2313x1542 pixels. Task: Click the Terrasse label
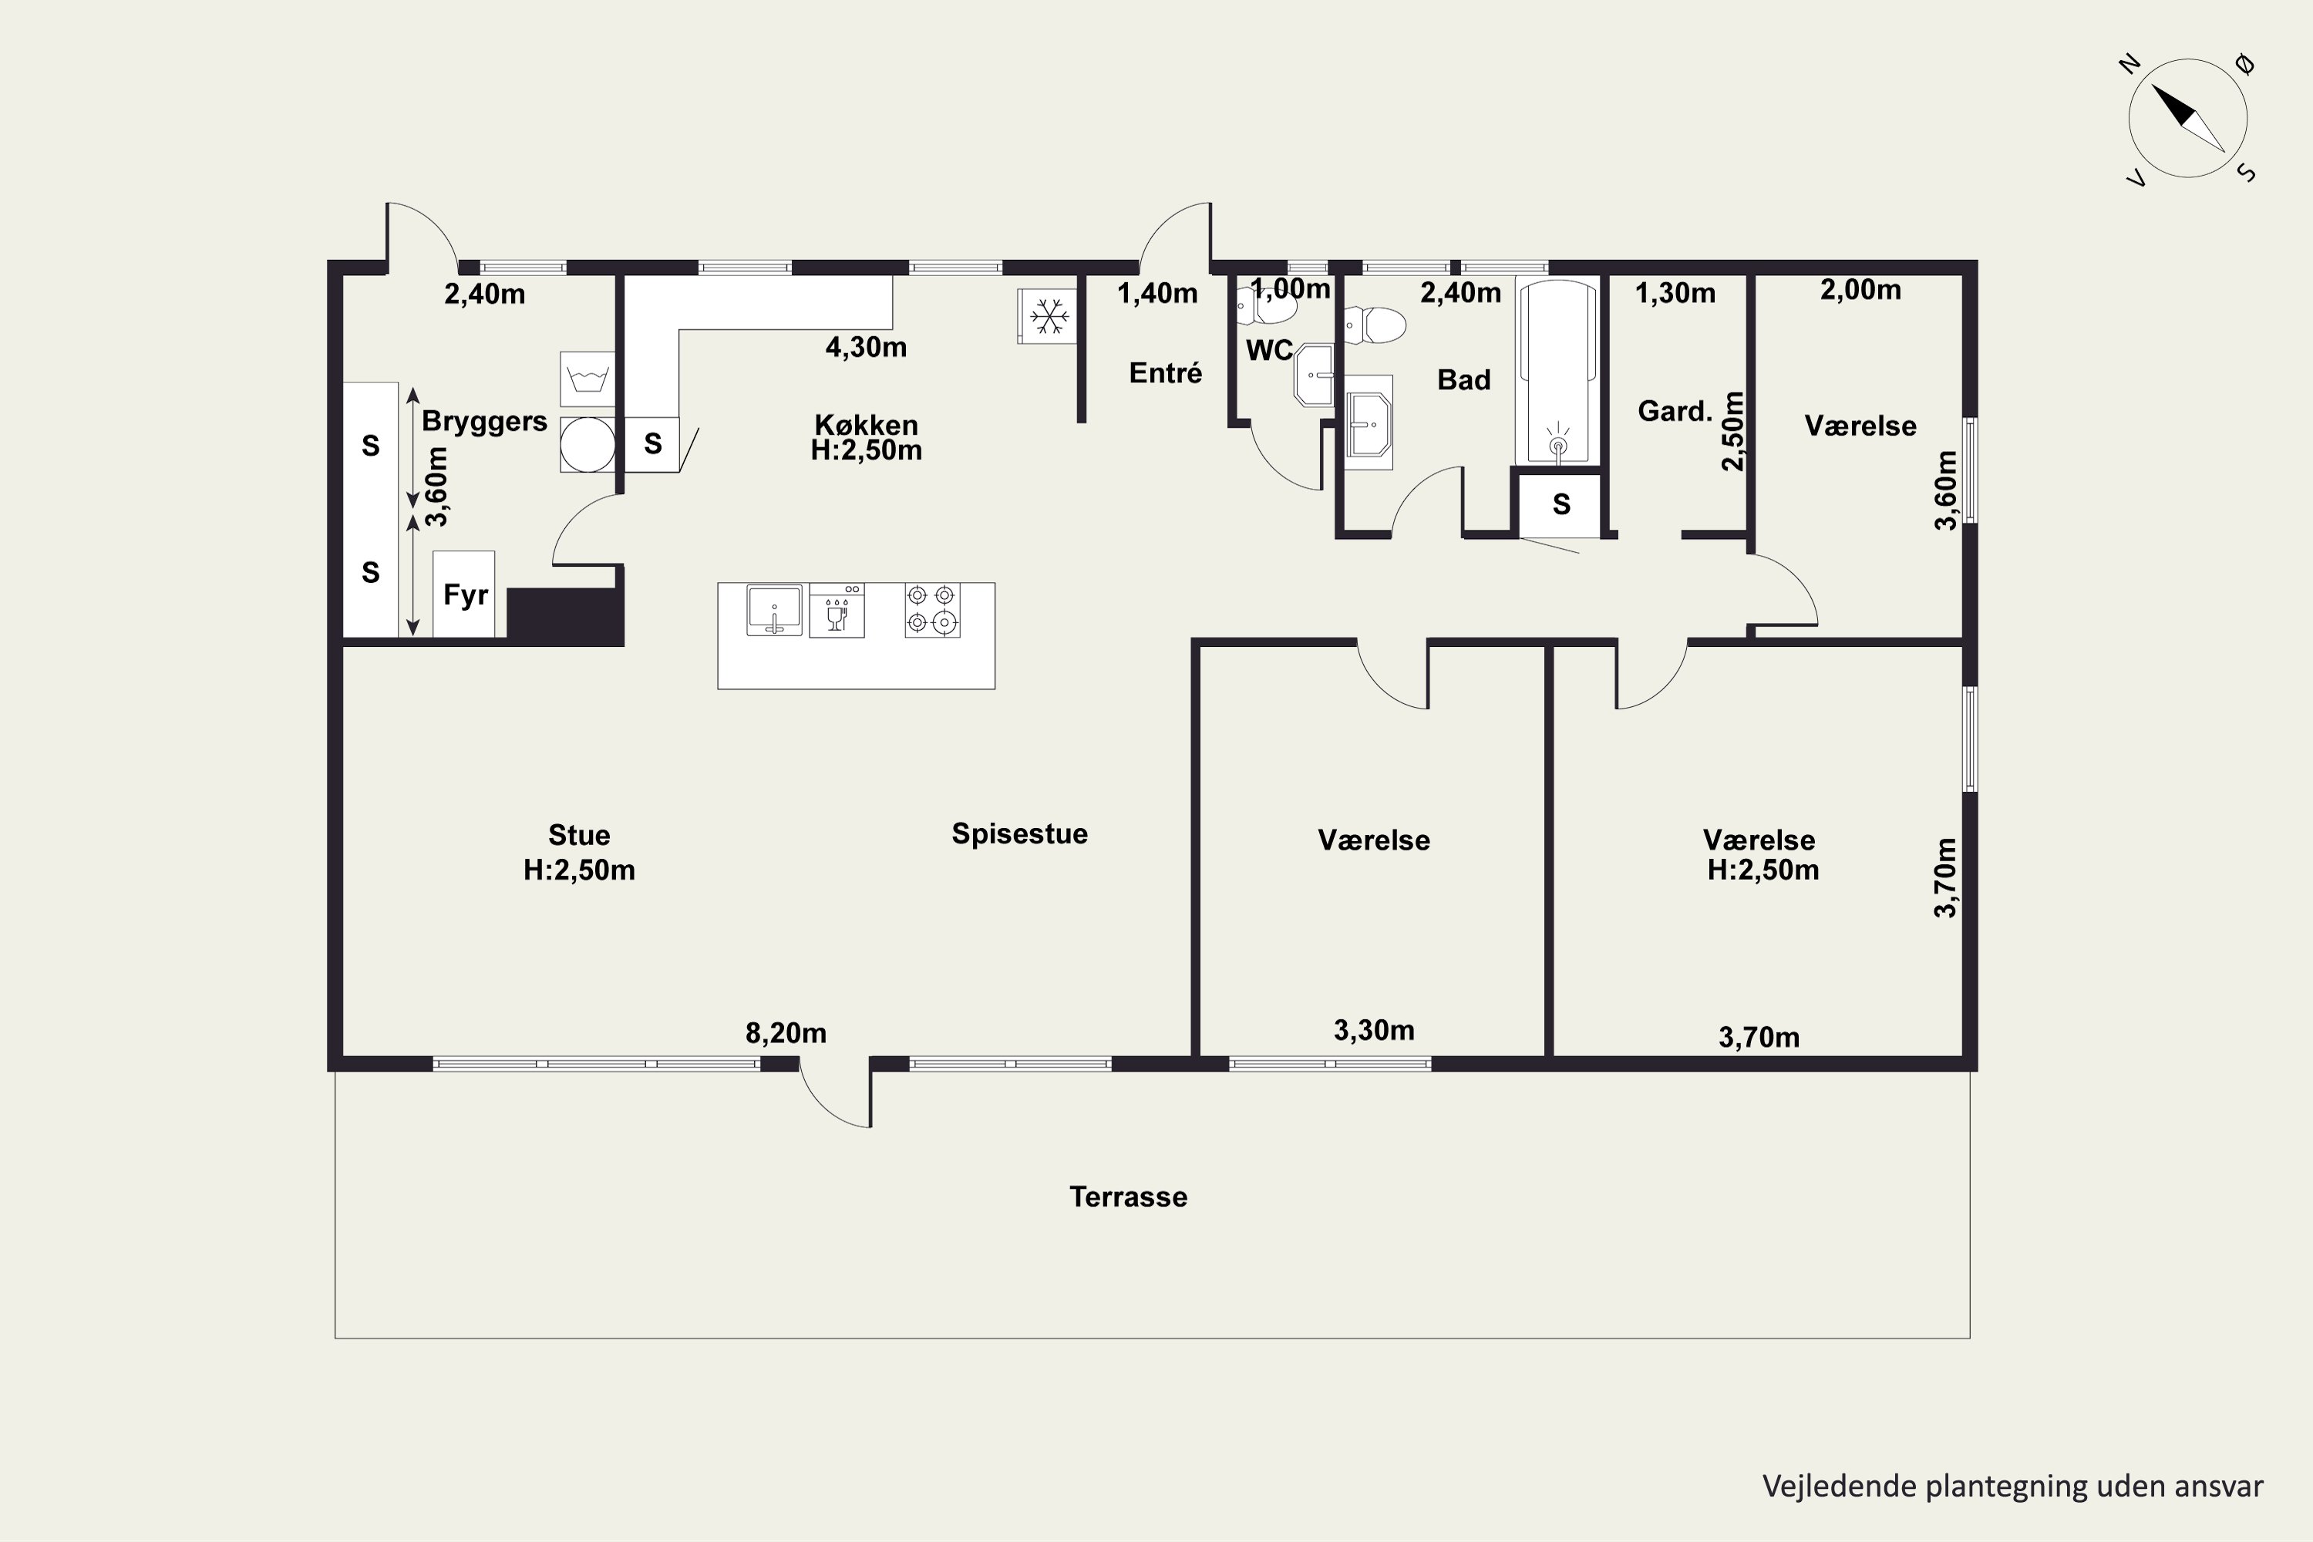coord(1128,1197)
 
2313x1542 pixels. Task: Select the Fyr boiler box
coord(464,594)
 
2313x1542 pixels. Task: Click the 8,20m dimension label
coord(786,1032)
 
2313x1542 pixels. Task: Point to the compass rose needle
coord(2188,118)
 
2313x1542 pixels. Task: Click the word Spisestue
coord(1020,834)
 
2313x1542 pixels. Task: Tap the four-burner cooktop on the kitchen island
coord(932,610)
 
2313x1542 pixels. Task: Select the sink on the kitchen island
coord(774,610)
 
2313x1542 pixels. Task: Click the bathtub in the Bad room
coord(1557,372)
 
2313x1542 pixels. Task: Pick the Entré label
coord(1165,372)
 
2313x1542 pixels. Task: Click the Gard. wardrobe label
coord(1675,411)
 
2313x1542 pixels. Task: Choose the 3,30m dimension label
coord(1374,1029)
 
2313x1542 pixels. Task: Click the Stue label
coord(579,835)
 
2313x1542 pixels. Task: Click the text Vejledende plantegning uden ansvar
coord(2013,1486)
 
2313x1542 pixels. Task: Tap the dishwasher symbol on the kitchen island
coord(837,610)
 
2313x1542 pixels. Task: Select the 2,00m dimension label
coord(1860,289)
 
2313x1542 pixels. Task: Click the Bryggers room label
coord(484,421)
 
